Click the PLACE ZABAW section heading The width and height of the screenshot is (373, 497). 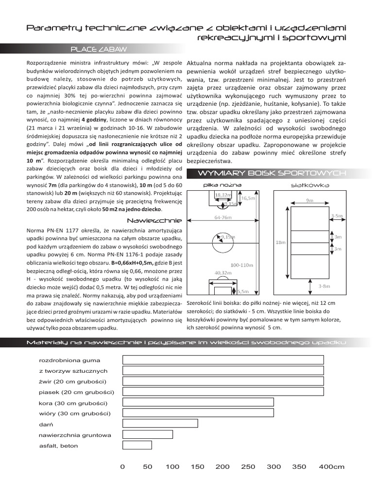(99, 49)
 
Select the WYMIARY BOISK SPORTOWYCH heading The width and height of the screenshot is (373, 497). (271, 174)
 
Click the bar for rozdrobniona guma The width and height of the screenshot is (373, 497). (223, 360)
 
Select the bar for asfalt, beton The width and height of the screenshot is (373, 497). (137, 445)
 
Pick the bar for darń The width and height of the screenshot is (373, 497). (160, 424)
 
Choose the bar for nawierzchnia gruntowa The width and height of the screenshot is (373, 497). (148, 434)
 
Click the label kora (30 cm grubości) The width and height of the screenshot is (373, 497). (73, 403)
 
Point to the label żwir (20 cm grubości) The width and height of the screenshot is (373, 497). (72, 381)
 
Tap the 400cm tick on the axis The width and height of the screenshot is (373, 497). (331, 467)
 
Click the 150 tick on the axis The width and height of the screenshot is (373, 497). (198, 467)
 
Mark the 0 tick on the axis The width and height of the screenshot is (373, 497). (122, 467)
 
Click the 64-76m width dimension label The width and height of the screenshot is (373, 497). (223, 218)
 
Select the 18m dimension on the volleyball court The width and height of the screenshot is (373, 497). (281, 242)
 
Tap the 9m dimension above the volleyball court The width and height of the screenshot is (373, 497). (309, 200)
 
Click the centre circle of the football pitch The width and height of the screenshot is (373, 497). (220, 242)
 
